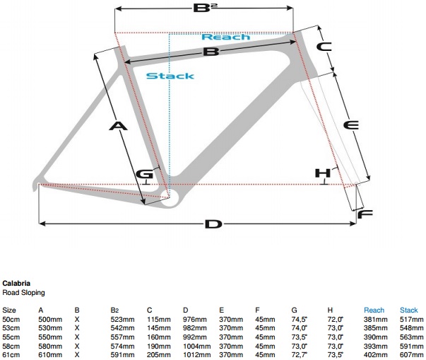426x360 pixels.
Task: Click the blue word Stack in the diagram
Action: point(170,76)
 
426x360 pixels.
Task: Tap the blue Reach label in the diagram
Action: point(225,36)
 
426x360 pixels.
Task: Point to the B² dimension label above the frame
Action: point(204,10)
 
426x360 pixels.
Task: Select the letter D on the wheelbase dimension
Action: point(213,224)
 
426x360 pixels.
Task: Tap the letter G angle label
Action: point(144,173)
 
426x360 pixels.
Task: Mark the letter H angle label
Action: point(323,173)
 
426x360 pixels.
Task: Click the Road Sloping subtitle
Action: point(24,292)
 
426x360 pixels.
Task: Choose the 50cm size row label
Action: point(11,320)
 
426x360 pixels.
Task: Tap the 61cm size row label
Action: point(11,354)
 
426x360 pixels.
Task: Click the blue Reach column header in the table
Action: point(374,310)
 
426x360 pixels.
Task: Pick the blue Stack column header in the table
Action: point(409,310)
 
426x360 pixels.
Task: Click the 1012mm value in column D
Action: point(194,354)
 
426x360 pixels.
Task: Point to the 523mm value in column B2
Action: point(121,320)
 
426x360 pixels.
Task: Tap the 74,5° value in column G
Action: point(300,320)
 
